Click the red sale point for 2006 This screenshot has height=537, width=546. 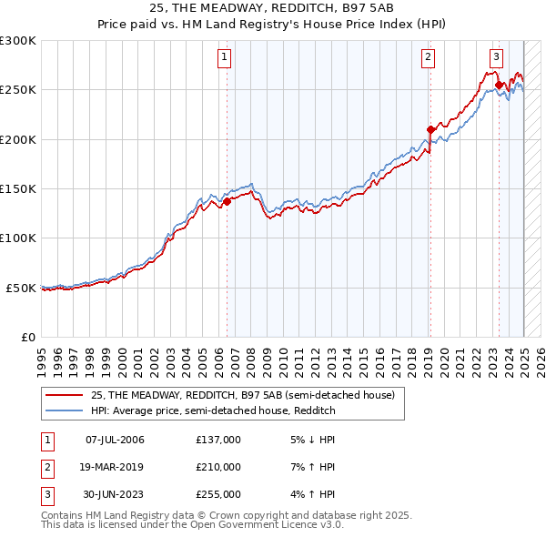(x=227, y=201)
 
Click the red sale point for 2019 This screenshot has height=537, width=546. (x=430, y=129)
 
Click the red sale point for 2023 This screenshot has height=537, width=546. (x=500, y=86)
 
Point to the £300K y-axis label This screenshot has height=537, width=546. (x=17, y=41)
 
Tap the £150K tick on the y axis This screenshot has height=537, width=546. (x=17, y=188)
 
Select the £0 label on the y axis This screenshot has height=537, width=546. (x=27, y=337)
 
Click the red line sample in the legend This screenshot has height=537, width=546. (x=65, y=396)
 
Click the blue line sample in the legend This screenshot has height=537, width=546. (x=65, y=411)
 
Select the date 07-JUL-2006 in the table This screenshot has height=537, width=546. (x=115, y=440)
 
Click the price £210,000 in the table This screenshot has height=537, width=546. (x=218, y=467)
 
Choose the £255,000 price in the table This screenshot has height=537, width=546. (x=218, y=494)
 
